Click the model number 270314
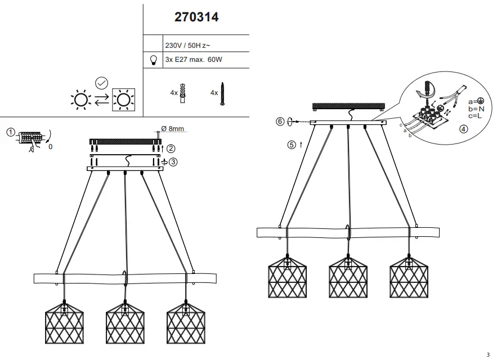[x=196, y=17]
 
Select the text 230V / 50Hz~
[x=187, y=46]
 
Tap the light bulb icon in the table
[x=154, y=60]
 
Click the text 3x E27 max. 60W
[x=194, y=60]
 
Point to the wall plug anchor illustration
[x=182, y=93]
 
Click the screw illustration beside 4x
[x=222, y=94]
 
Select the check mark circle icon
[x=102, y=83]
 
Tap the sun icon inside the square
[x=124, y=100]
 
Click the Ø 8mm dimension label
[x=172, y=129]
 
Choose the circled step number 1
[x=11, y=132]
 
